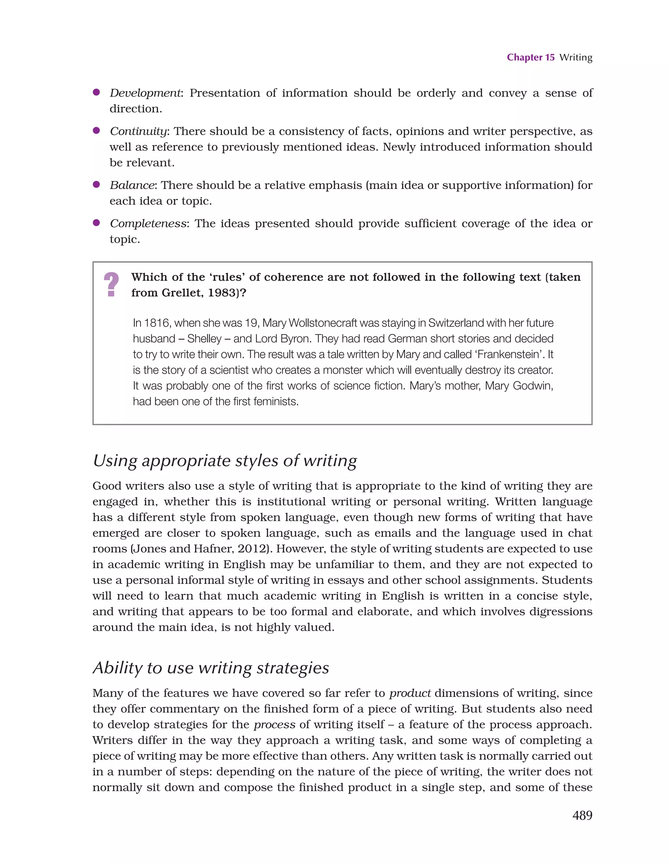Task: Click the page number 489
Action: [x=582, y=815]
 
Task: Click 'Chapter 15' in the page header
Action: [x=530, y=57]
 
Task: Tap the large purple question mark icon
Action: [x=112, y=284]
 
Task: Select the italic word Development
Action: [x=145, y=93]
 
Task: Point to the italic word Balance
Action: [x=132, y=185]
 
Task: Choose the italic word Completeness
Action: [x=148, y=224]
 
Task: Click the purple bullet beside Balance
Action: [x=96, y=185]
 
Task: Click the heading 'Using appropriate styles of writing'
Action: [x=224, y=461]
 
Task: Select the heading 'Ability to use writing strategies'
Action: [x=211, y=668]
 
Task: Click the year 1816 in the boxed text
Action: [x=157, y=323]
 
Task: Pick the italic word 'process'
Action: [x=274, y=725]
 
